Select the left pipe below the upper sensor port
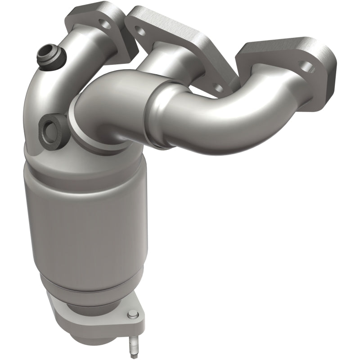pyautogui.click(x=49, y=99)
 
